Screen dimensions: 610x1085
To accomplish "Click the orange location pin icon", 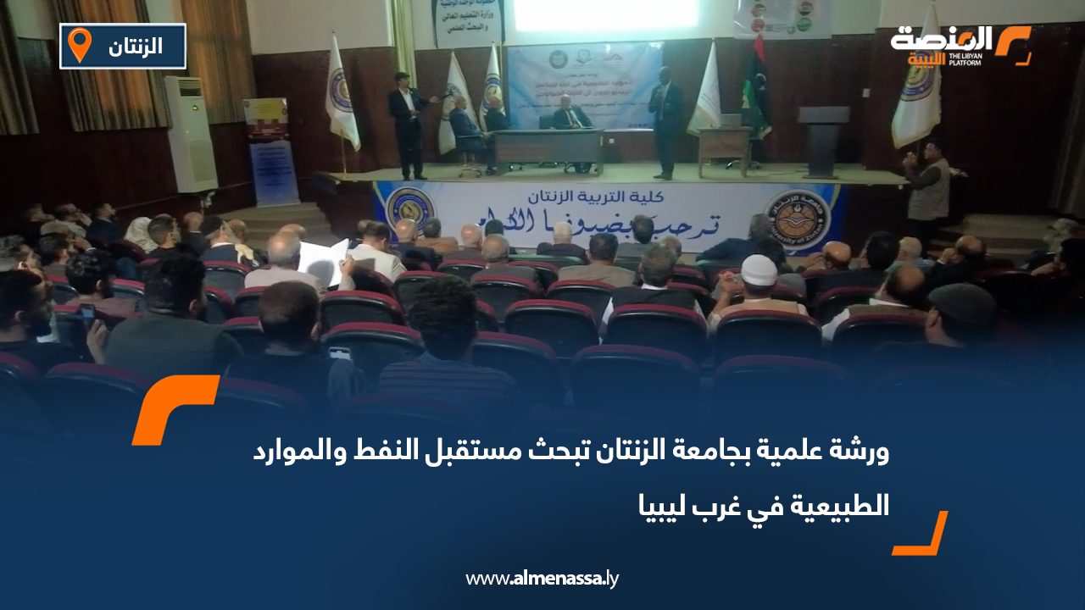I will pos(80,44).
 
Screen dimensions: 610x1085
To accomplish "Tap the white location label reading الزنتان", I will pos(136,46).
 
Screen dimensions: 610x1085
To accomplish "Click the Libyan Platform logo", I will pos(960,45).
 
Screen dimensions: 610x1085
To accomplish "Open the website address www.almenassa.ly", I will pos(542,579).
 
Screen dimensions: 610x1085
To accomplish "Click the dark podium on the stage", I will pos(822,141).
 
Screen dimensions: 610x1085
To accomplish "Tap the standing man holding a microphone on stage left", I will pos(407,123).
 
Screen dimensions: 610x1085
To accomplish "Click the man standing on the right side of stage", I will pos(665,123).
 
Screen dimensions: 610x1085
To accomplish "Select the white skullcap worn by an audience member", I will pos(759,269).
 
